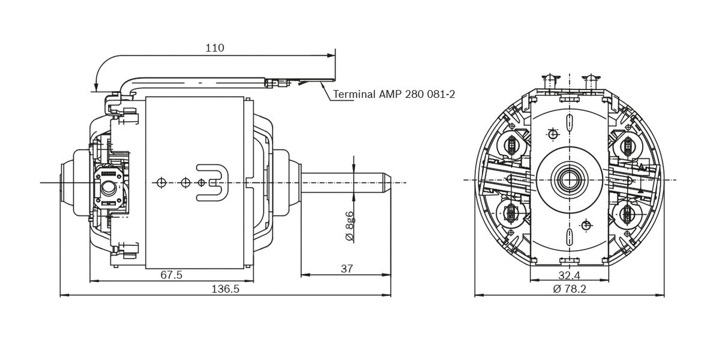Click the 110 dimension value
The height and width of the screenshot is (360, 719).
214,48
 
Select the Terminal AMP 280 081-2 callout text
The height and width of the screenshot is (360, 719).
394,94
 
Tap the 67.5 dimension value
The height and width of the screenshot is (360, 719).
171,275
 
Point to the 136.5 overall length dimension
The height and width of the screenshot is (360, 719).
225,289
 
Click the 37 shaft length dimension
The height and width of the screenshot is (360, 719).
346,269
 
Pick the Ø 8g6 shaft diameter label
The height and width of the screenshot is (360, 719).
350,226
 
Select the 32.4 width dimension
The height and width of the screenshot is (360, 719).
568,275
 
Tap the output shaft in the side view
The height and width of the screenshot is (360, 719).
345,182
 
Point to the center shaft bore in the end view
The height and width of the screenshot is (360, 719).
568,179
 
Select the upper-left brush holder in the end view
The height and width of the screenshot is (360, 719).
512,145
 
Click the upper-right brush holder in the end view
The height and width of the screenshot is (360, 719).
627,145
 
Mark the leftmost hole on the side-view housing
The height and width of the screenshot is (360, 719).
160,182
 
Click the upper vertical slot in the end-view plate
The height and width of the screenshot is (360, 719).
568,122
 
